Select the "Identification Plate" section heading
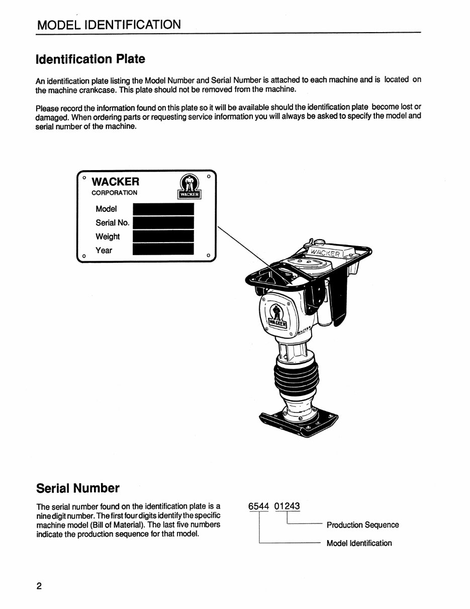90,59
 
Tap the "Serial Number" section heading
78,488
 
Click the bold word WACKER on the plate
116,181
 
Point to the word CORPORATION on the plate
114,193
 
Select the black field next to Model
163,209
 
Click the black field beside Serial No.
164,222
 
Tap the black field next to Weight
163,236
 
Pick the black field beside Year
163,250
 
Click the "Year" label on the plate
104,250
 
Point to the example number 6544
259,505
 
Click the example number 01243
287,505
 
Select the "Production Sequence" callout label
362,525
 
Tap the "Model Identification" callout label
359,543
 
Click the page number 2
39,587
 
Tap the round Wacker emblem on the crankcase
275,316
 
